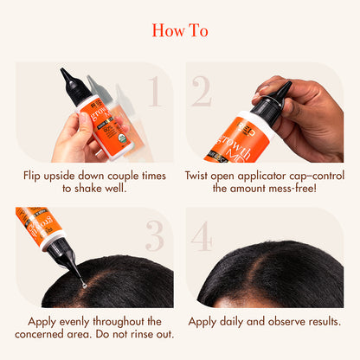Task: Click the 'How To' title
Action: tap(180, 30)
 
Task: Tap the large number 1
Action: tap(153, 91)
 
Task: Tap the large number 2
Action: tap(202, 91)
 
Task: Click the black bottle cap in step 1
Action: tap(72, 83)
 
